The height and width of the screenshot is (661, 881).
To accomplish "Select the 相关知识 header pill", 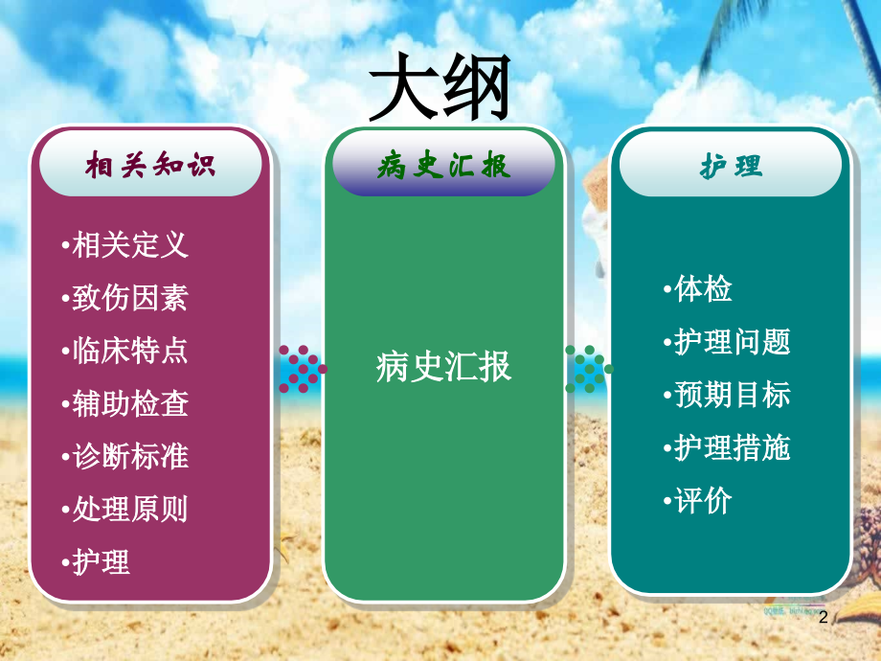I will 150,166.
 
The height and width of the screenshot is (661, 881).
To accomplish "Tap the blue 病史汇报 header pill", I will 443,166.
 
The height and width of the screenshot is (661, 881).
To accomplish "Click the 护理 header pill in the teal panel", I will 731,166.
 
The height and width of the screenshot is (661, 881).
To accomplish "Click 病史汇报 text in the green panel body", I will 443,367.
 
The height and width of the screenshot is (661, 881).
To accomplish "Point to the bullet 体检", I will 696,289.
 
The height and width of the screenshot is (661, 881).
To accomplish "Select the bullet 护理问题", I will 725,342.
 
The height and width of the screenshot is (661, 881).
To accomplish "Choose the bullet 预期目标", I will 725,395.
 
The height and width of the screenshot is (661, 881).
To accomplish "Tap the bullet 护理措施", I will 725,447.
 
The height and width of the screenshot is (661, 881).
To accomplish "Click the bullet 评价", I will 696,500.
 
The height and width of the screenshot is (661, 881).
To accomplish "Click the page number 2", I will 823,619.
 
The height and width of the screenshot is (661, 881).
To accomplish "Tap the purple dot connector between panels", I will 302,369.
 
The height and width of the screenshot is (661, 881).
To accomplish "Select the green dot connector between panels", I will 587,369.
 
